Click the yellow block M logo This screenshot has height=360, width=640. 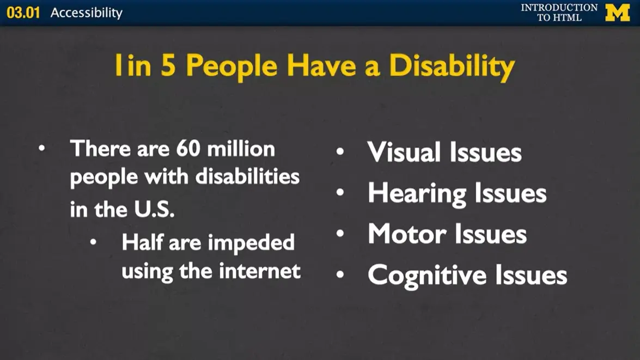click(617, 13)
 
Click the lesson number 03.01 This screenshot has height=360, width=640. click(23, 13)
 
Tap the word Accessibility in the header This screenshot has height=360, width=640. click(87, 13)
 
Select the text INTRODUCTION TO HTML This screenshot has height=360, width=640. click(559, 13)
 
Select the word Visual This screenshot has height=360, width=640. click(403, 152)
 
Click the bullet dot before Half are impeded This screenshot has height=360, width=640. click(94, 243)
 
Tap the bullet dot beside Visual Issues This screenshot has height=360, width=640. click(340, 152)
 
